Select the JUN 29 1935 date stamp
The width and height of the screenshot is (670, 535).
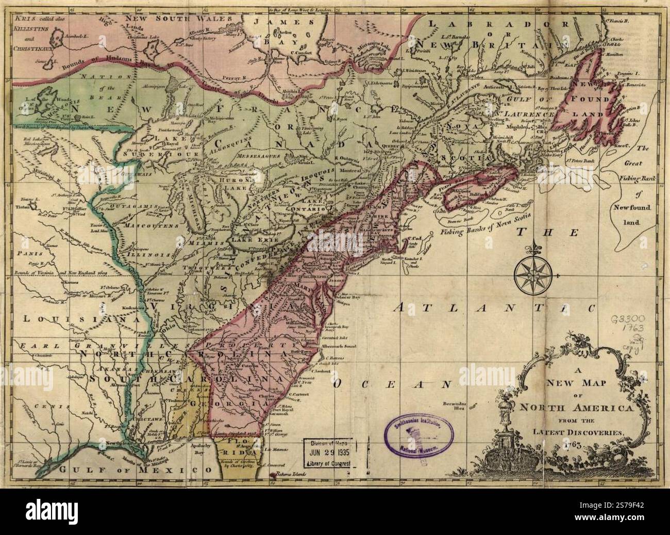(330, 452)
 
